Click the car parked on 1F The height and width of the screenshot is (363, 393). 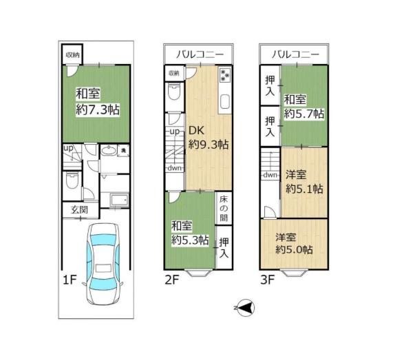click(x=103, y=263)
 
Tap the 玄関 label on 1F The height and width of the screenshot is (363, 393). click(x=80, y=209)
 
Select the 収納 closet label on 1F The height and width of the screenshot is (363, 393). click(x=72, y=55)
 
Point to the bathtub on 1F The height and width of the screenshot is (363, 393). click(x=119, y=200)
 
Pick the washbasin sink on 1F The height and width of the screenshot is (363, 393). click(x=109, y=151)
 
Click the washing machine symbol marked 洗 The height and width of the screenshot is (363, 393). click(x=123, y=151)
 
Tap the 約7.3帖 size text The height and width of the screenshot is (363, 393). click(x=98, y=110)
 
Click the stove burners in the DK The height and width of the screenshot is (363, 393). click(x=224, y=75)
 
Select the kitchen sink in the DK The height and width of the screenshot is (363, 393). click(x=225, y=102)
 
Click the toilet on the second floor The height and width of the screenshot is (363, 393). click(x=174, y=92)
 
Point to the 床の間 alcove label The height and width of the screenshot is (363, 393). click(x=224, y=209)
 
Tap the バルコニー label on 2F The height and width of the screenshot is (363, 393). click(x=200, y=54)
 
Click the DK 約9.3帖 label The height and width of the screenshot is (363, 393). click(x=209, y=138)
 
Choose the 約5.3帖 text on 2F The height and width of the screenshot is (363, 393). click(x=190, y=240)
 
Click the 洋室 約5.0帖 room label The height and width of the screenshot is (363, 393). click(x=294, y=243)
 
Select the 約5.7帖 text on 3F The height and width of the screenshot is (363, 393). click(x=304, y=114)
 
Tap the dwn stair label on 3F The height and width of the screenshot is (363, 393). click(x=270, y=174)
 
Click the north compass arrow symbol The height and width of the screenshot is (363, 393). click(x=246, y=308)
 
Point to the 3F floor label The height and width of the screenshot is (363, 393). click(x=268, y=280)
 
